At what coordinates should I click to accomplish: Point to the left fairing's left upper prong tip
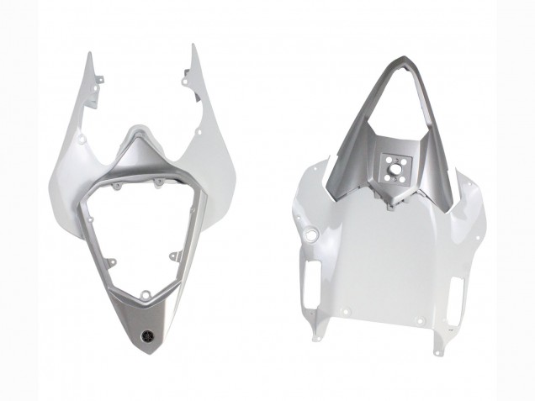click(x=89, y=53)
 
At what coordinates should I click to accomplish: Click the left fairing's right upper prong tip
click(x=193, y=46)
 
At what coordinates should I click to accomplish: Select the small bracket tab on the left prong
click(x=100, y=80)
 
